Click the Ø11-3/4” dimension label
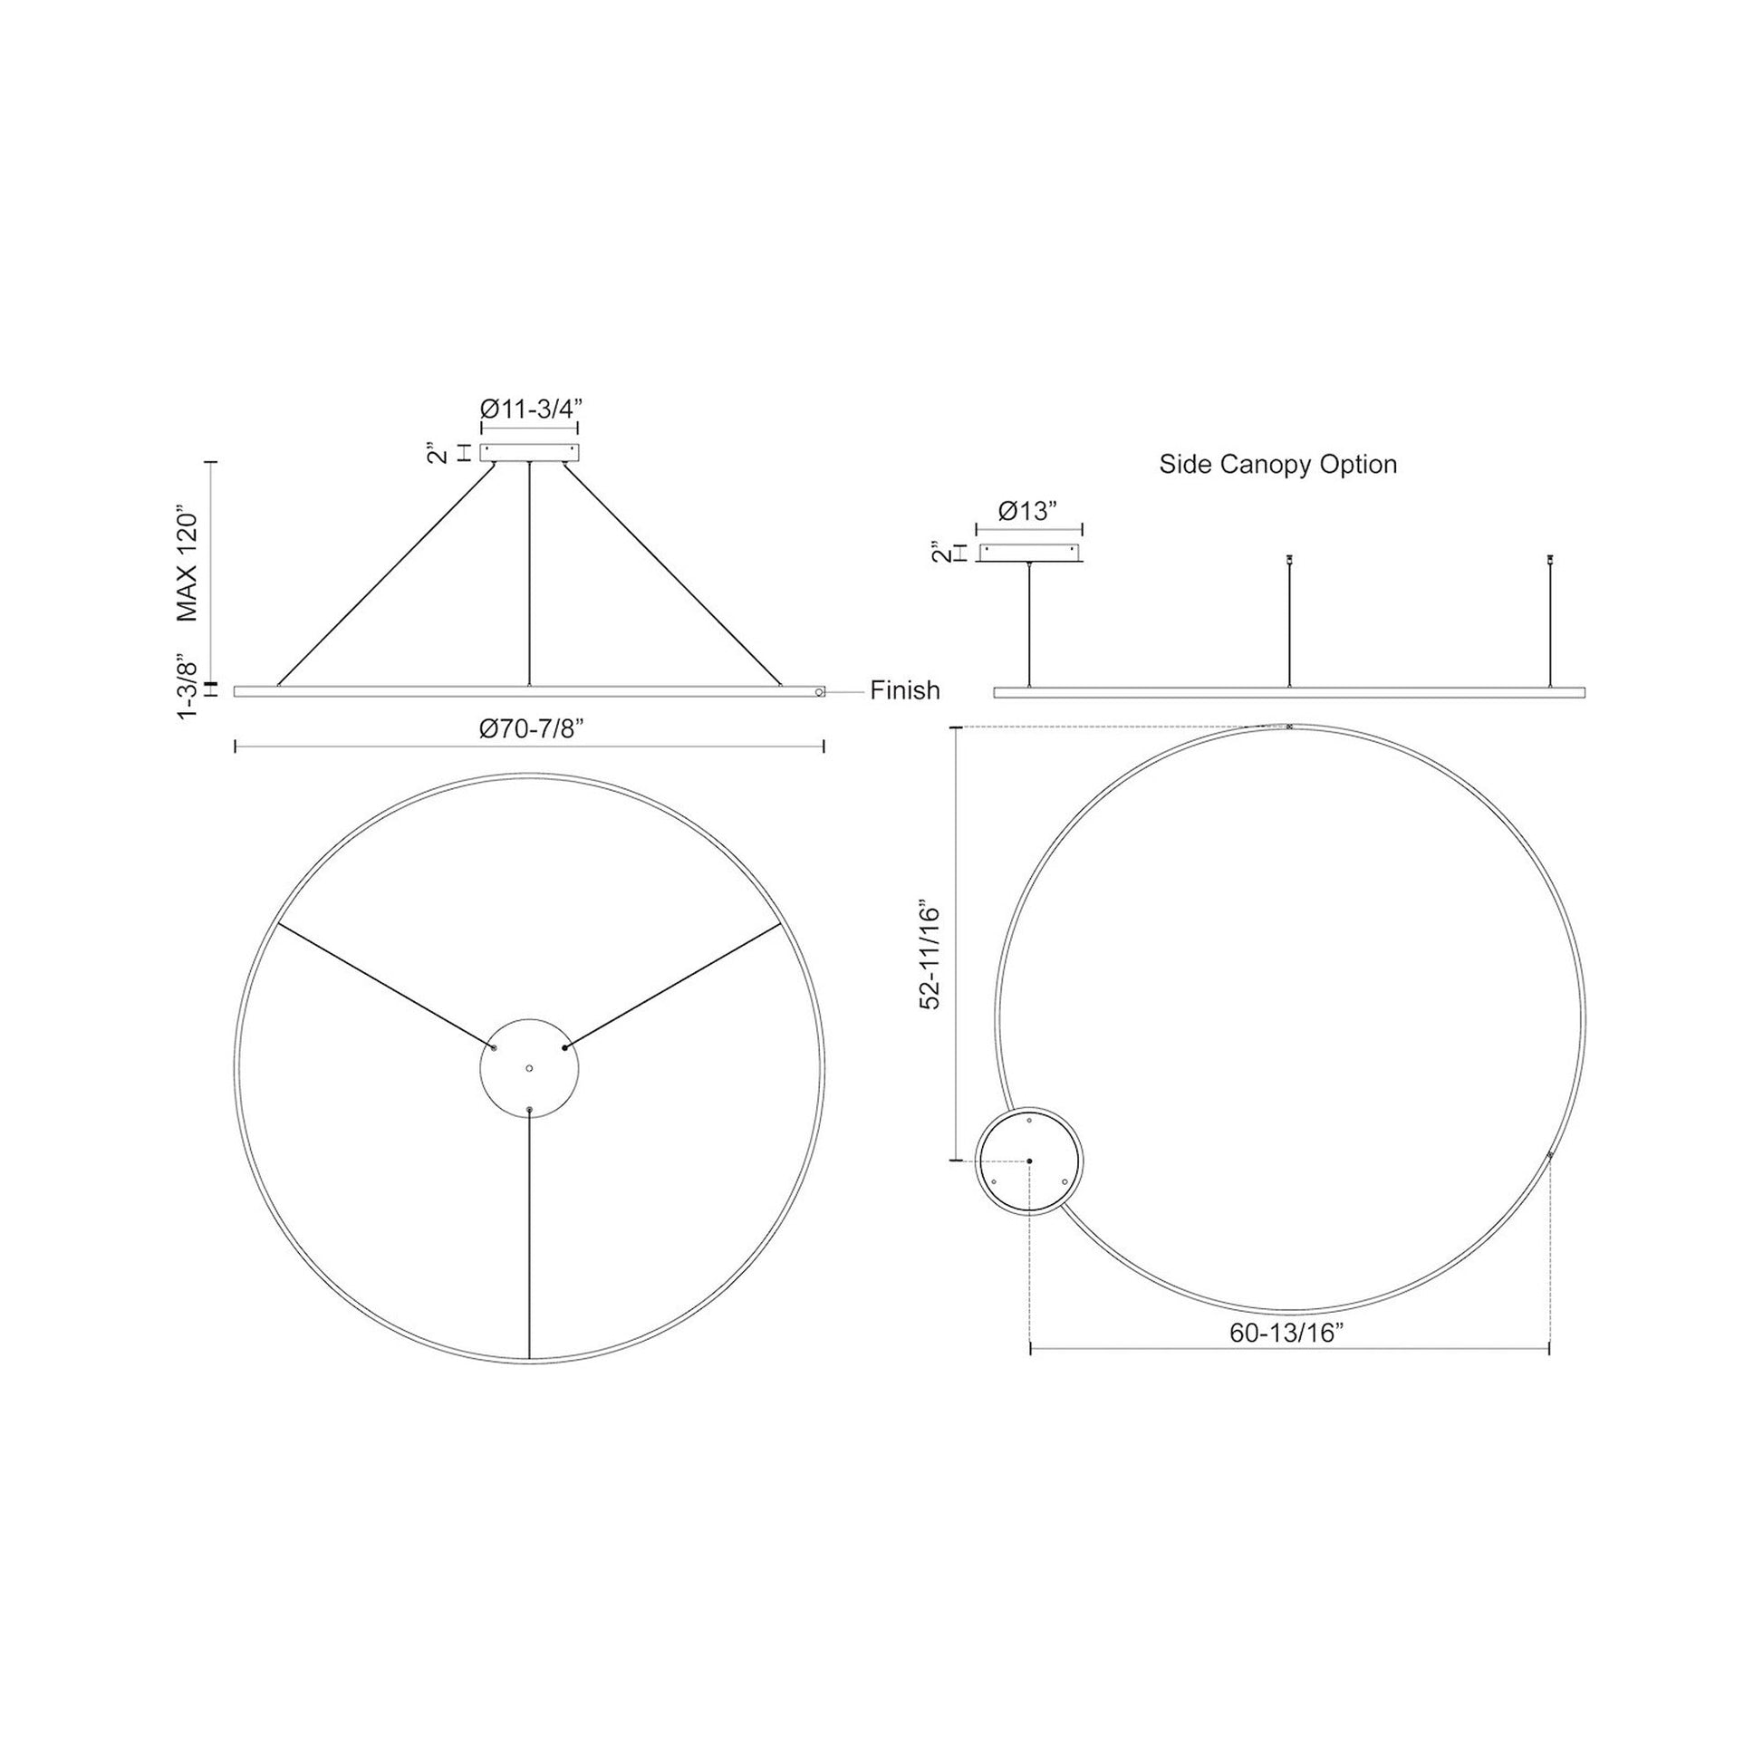[x=529, y=409]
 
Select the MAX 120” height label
[x=187, y=567]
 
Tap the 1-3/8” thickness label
[x=187, y=685]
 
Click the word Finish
[x=904, y=689]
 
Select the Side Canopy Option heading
[x=1277, y=465]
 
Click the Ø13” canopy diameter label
[x=1027, y=511]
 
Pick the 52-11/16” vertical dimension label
[x=929, y=958]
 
